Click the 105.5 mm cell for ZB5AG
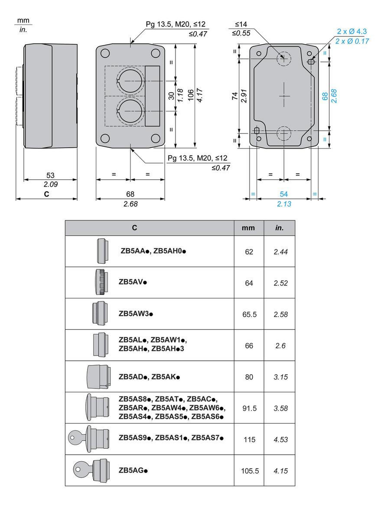249,470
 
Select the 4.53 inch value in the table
280,439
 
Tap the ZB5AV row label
133,282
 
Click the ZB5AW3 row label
136,314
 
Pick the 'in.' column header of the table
280,228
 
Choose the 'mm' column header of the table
249,228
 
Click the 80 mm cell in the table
249,377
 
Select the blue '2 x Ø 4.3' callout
352,31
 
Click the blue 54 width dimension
284,194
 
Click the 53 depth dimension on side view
50,175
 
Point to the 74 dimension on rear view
234,96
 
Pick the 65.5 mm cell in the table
249,314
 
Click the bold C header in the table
135,228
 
